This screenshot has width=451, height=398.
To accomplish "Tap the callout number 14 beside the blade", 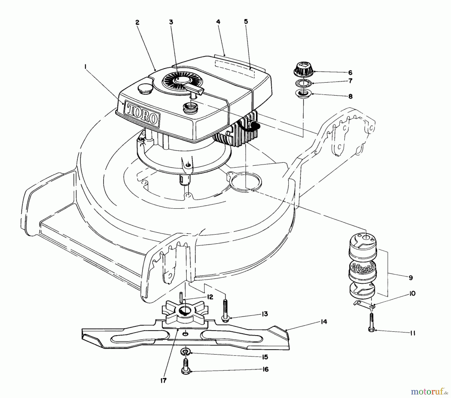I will [324, 322].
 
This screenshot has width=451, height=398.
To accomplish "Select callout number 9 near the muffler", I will [410, 278].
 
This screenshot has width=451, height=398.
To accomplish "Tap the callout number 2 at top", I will [137, 22].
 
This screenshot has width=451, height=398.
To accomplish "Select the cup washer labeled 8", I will [303, 94].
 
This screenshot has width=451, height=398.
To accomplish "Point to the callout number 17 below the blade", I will [163, 380].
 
